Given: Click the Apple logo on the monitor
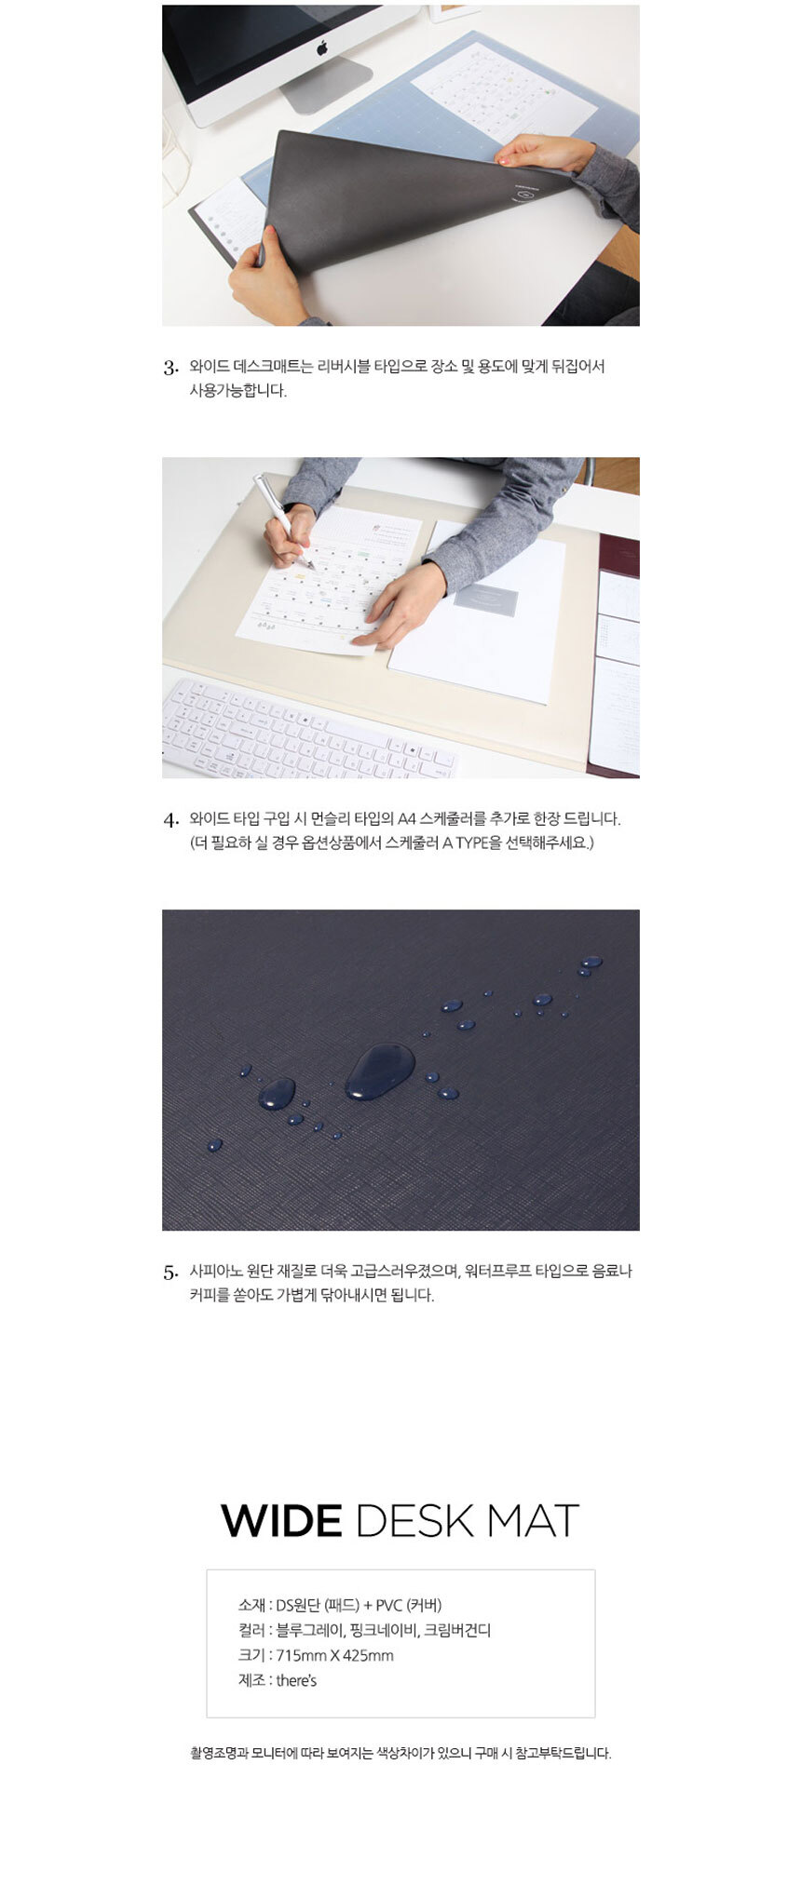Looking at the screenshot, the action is tap(321, 47).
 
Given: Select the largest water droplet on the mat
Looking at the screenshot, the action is tap(380, 1071).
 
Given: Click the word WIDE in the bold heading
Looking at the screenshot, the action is tap(281, 1520).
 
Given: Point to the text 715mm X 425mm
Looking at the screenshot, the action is tap(334, 1655).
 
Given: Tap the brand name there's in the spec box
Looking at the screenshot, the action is tap(296, 1680).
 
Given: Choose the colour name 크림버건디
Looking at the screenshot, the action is tap(457, 1630).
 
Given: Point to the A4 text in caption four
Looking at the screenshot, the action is tap(407, 819).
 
